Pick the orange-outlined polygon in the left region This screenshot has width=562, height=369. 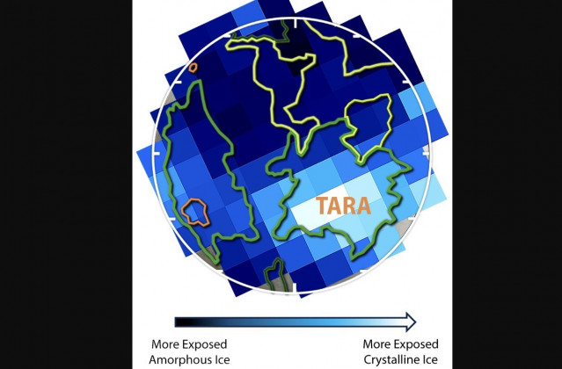196,211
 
